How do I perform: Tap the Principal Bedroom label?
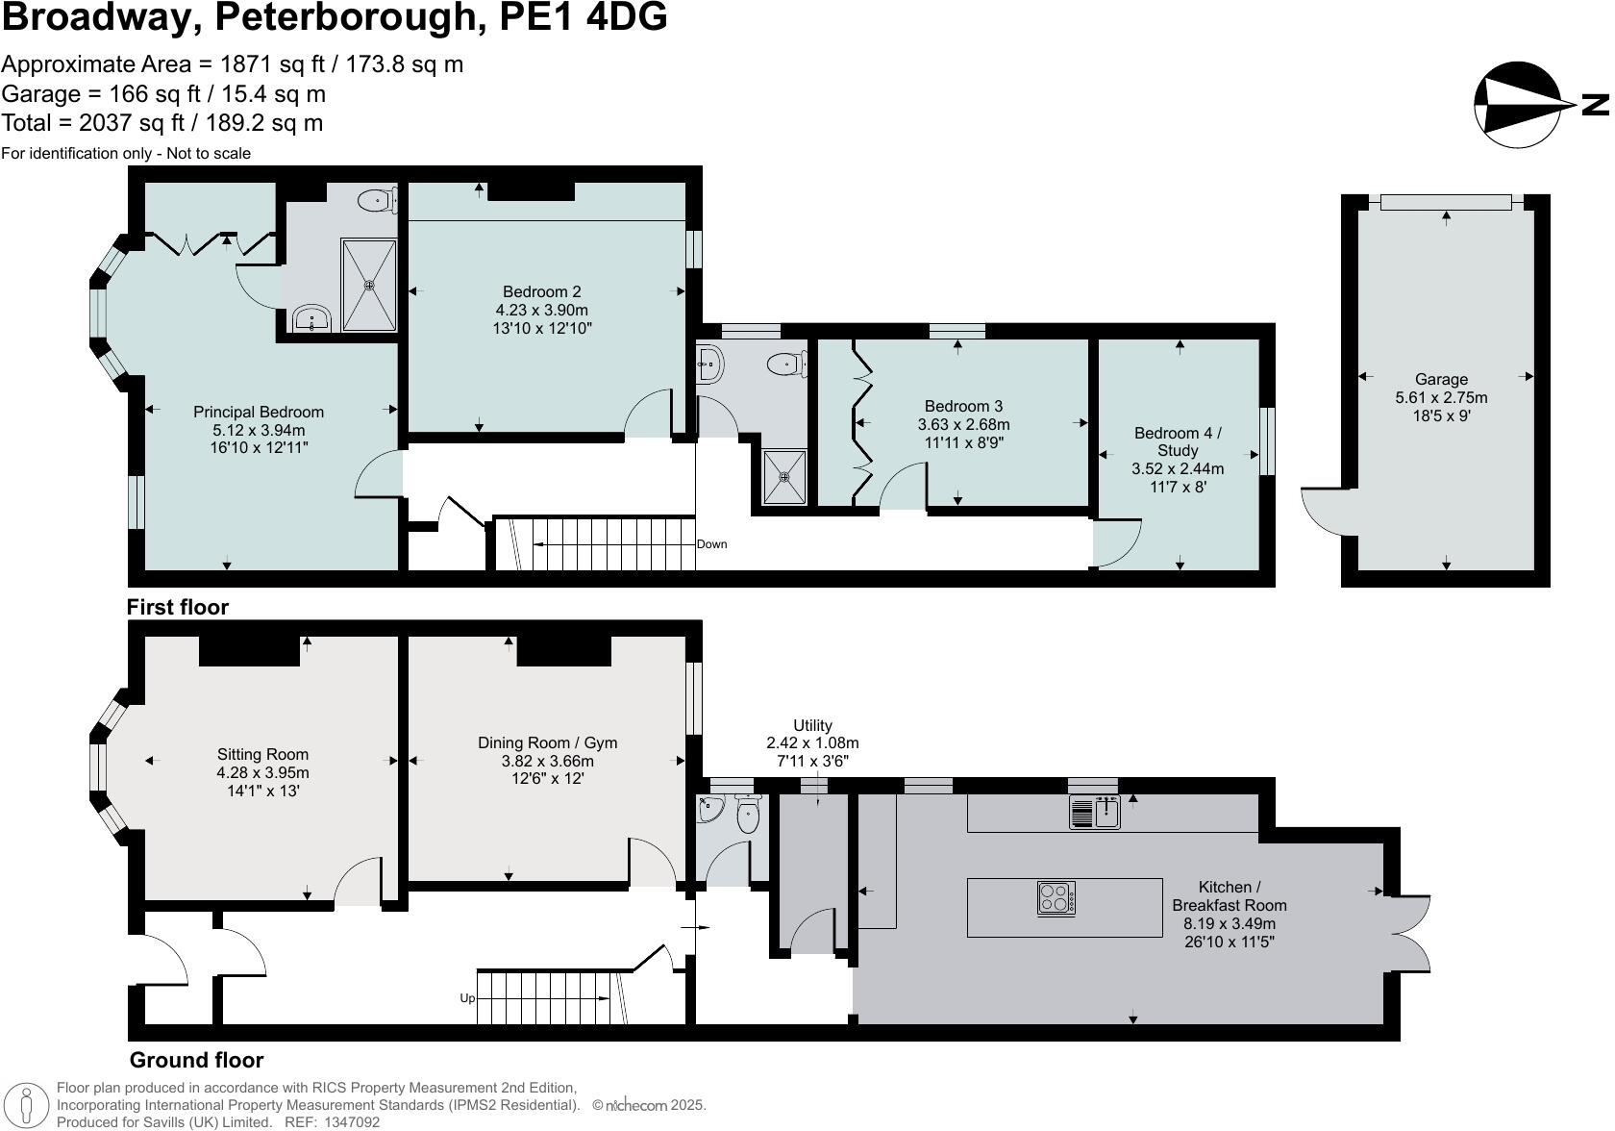(259, 412)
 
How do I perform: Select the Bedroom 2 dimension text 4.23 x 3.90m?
(542, 310)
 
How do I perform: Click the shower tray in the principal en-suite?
(368, 285)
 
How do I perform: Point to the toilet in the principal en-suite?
(377, 201)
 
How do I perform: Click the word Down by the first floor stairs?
(712, 544)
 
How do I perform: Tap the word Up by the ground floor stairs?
(467, 998)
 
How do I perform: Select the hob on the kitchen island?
(1056, 898)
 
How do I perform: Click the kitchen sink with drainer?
(1095, 813)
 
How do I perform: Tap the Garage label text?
(1440, 379)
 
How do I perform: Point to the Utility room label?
(812, 725)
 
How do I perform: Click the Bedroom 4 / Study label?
(1178, 441)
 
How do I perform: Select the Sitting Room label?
(262, 754)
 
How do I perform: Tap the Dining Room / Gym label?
(547, 742)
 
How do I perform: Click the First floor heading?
(178, 607)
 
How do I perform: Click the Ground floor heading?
(196, 1060)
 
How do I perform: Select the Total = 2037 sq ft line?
(161, 123)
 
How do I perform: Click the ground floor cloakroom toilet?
(748, 816)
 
